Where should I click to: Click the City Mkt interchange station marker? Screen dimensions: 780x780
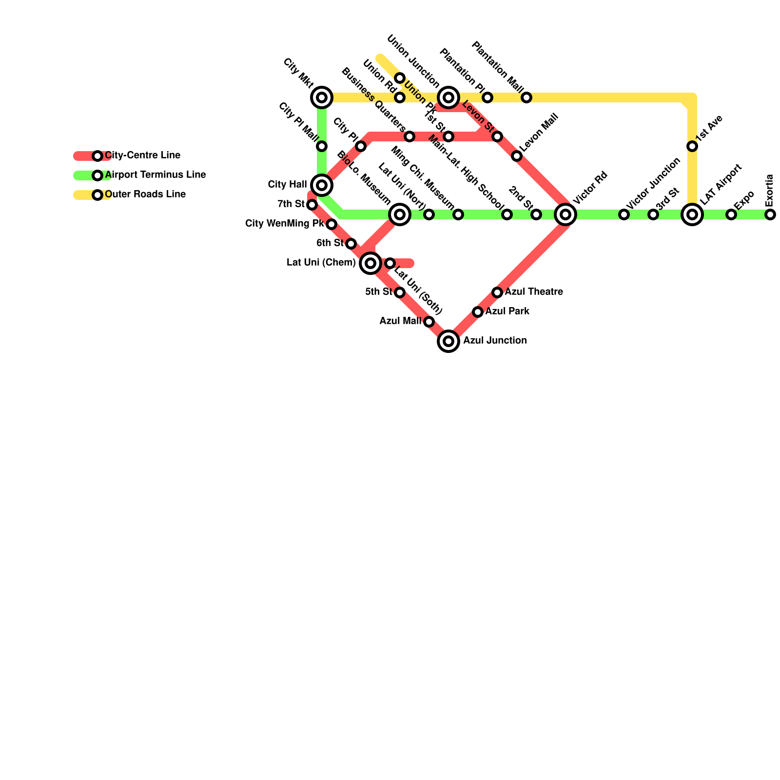click(x=322, y=97)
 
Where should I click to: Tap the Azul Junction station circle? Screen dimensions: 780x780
click(x=448, y=341)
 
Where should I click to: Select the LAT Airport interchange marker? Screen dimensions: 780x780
click(x=692, y=214)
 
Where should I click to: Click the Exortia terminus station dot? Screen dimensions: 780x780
click(x=770, y=214)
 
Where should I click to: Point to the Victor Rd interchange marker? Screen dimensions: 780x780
click(x=565, y=214)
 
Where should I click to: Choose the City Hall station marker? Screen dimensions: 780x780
click(x=322, y=185)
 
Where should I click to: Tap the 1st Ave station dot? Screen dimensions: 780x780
click(x=692, y=146)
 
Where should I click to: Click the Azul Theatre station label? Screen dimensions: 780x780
click(x=534, y=292)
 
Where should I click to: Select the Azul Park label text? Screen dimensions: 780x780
click(x=507, y=312)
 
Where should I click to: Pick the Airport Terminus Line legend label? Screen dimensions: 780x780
click(x=156, y=175)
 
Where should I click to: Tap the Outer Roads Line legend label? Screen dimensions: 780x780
click(x=145, y=195)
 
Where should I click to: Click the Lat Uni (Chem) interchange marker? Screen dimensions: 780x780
click(x=370, y=263)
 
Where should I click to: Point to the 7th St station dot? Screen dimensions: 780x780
click(x=312, y=205)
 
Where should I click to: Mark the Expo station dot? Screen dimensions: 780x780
click(x=731, y=214)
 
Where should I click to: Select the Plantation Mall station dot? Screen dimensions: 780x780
click(x=526, y=97)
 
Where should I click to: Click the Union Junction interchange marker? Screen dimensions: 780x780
click(x=448, y=97)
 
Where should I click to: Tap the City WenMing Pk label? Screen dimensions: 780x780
click(x=284, y=224)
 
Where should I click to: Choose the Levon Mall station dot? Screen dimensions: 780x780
click(x=517, y=156)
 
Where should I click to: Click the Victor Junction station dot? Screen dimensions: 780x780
click(x=624, y=214)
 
